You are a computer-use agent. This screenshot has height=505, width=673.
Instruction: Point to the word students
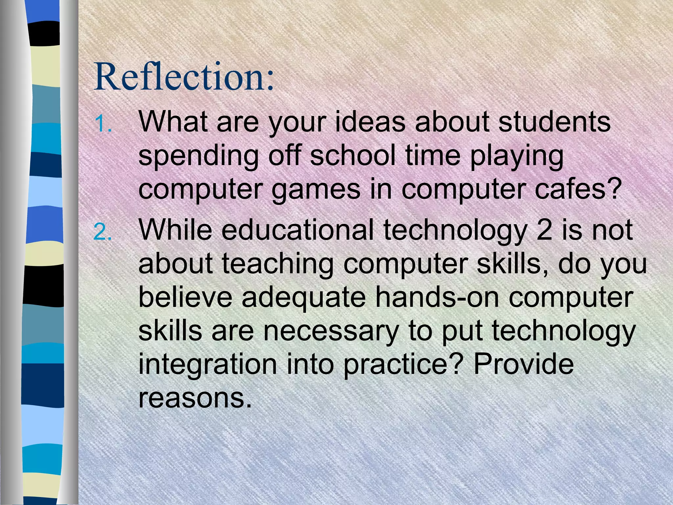point(554,122)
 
